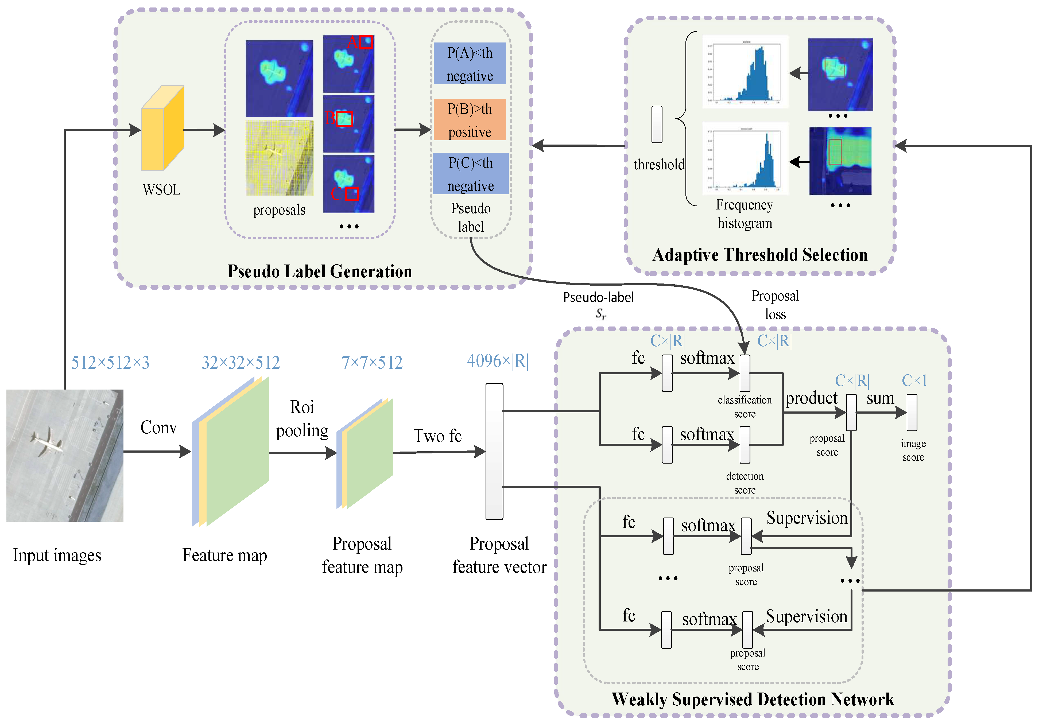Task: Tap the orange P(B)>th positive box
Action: pos(470,120)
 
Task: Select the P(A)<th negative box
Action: pos(470,64)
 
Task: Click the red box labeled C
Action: pos(352,194)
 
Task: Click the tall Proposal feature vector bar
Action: pos(494,451)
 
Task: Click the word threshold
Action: pos(659,165)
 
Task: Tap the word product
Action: pos(811,398)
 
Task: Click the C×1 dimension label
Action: pos(914,380)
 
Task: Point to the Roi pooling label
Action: pos(302,418)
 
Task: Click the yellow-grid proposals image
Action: pos(279,158)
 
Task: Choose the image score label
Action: pos(913,450)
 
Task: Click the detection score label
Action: pos(745,483)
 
